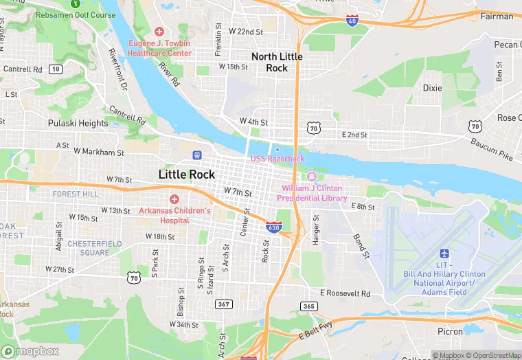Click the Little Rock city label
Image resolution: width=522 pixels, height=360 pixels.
[187, 175]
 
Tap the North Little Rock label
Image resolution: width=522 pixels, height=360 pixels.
[277, 62]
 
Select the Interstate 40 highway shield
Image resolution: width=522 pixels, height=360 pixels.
[352, 21]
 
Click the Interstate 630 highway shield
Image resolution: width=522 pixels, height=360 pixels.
[274, 226]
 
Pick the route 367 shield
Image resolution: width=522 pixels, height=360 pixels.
[224, 304]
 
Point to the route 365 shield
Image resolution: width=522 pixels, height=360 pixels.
[309, 305]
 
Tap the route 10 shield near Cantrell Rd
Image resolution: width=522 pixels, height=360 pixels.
[56, 69]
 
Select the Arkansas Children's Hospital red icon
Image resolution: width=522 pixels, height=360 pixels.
[174, 199]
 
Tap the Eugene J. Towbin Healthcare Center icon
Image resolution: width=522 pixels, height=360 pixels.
[159, 32]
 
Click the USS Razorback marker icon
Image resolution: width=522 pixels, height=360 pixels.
[277, 149]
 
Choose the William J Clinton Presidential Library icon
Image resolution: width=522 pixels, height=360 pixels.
[311, 177]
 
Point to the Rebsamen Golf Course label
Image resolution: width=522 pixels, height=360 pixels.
[75, 15]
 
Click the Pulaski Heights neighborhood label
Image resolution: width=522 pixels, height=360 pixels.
[78, 124]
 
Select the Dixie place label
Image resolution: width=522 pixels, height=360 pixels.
[432, 88]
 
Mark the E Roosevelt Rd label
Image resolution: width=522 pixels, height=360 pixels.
[345, 293]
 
